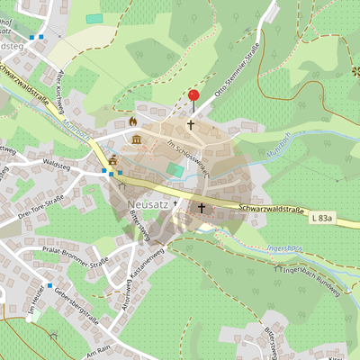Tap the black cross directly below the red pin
191,124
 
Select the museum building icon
136,139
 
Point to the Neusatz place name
148,203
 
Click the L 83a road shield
321,219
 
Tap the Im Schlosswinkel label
190,154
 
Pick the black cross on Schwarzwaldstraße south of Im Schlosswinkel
202,208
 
